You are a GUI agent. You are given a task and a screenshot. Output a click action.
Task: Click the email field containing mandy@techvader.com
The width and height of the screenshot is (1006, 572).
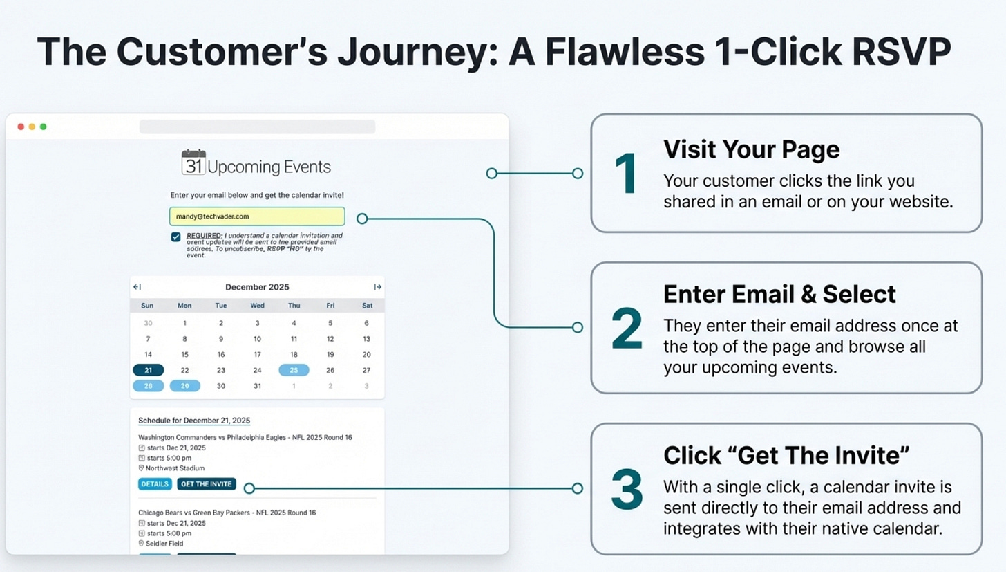click(256, 216)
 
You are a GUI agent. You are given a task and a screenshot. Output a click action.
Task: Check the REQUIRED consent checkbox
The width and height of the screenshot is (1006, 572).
click(176, 237)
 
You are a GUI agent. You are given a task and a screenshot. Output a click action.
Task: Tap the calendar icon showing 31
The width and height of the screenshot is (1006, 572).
click(193, 163)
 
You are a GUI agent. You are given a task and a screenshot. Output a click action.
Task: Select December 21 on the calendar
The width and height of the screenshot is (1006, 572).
click(148, 370)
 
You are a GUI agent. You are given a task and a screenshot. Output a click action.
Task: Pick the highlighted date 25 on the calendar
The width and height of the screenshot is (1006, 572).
click(294, 370)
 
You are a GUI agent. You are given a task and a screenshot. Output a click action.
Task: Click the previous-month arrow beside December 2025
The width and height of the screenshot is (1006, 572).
click(137, 287)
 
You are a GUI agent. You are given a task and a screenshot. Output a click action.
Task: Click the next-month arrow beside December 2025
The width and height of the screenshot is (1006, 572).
click(377, 287)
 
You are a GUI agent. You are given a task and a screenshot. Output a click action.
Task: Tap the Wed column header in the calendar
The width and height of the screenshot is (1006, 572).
click(257, 306)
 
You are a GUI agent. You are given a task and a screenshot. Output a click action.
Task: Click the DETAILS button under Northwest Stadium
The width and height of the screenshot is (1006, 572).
click(155, 484)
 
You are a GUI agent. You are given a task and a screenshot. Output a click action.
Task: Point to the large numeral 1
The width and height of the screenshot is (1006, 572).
click(627, 174)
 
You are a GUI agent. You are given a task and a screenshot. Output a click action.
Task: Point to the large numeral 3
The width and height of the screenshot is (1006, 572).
click(627, 490)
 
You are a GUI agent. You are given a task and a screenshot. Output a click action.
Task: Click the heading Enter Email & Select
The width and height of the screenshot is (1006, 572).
click(779, 295)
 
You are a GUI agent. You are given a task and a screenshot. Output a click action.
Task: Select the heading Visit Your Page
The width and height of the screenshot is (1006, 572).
click(752, 149)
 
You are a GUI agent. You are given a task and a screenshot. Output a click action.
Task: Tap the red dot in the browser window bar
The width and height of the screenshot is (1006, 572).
click(21, 127)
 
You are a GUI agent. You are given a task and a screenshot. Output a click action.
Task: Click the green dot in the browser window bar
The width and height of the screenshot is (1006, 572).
click(43, 127)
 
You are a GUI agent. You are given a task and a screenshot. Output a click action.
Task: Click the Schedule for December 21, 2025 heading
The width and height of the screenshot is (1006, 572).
click(194, 421)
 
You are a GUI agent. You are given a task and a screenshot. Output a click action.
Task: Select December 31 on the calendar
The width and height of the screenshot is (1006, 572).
click(257, 386)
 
